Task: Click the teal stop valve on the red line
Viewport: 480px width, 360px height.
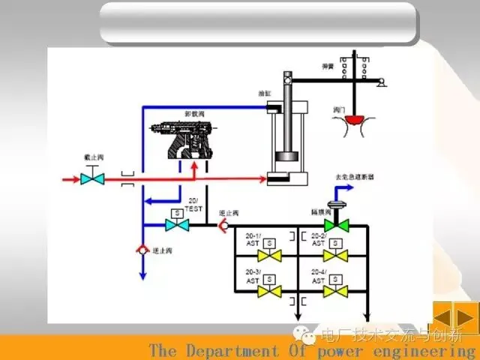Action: click(x=93, y=180)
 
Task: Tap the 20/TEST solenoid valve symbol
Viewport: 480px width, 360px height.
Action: click(x=177, y=223)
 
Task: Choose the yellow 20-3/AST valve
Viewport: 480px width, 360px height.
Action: click(x=275, y=289)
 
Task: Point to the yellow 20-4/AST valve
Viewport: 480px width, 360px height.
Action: click(x=340, y=289)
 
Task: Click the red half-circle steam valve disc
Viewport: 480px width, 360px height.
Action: click(x=349, y=118)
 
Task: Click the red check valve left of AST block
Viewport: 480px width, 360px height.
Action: click(x=220, y=224)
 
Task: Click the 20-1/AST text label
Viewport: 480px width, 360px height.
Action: click(x=253, y=239)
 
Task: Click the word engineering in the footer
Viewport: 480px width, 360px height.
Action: click(x=433, y=351)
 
